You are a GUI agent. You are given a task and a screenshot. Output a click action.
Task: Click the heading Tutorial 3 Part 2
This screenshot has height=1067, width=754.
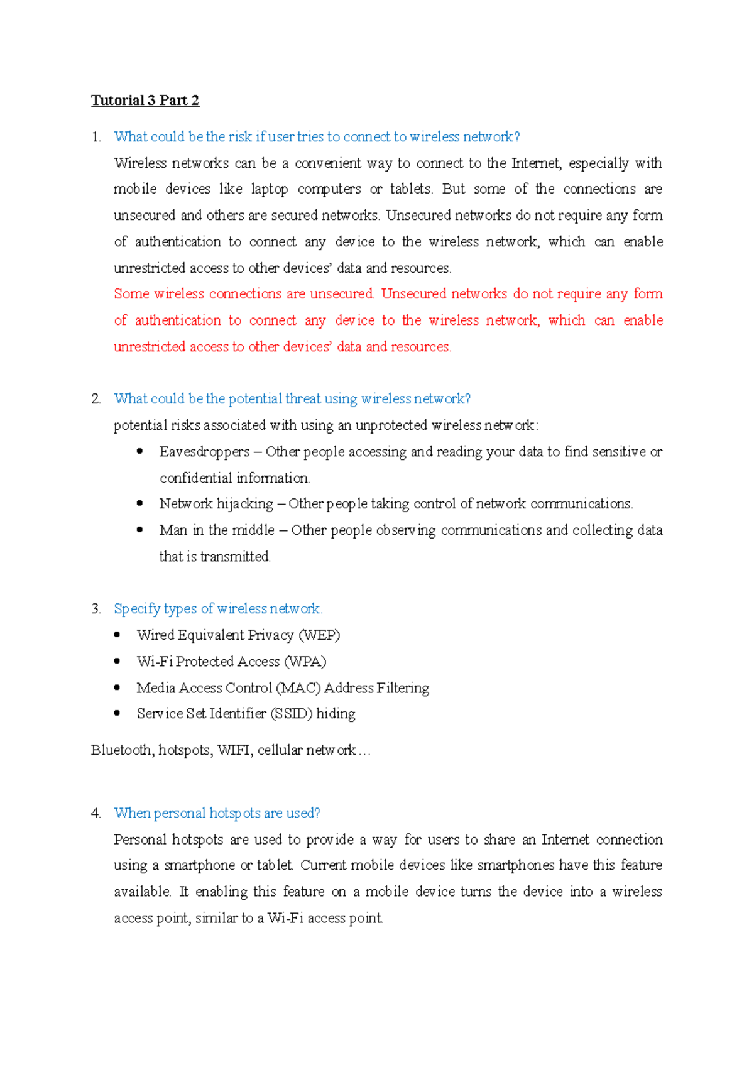tap(145, 101)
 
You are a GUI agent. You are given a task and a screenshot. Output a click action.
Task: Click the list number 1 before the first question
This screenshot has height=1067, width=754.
tap(96, 137)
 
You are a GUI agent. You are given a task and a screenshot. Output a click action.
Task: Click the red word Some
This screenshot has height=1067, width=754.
tap(131, 294)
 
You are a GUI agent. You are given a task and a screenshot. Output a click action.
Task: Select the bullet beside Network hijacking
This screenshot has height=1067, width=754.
tap(140, 503)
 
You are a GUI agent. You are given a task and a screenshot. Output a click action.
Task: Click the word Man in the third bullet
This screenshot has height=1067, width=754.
tap(173, 530)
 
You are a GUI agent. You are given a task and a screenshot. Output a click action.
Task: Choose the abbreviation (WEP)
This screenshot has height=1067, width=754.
tap(320, 635)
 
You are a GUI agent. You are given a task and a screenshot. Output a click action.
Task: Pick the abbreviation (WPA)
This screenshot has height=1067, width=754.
tap(305, 662)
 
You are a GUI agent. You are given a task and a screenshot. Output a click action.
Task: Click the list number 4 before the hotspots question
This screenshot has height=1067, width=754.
tap(96, 813)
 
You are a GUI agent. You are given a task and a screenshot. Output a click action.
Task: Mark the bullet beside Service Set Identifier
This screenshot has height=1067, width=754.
tap(117, 713)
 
